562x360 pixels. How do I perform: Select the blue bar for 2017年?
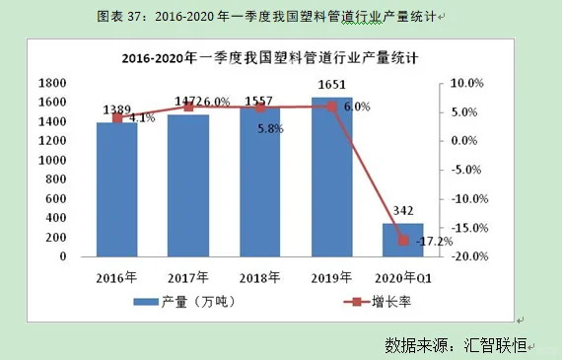(188, 185)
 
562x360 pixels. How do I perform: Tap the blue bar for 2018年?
(260, 181)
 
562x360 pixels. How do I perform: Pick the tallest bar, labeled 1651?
(331, 178)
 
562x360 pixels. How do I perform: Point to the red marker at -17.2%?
(402, 240)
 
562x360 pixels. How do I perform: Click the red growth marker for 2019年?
(331, 106)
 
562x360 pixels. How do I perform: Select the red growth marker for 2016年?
(117, 117)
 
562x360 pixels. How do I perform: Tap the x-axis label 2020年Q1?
(402, 277)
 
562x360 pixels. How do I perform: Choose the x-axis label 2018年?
(260, 277)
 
